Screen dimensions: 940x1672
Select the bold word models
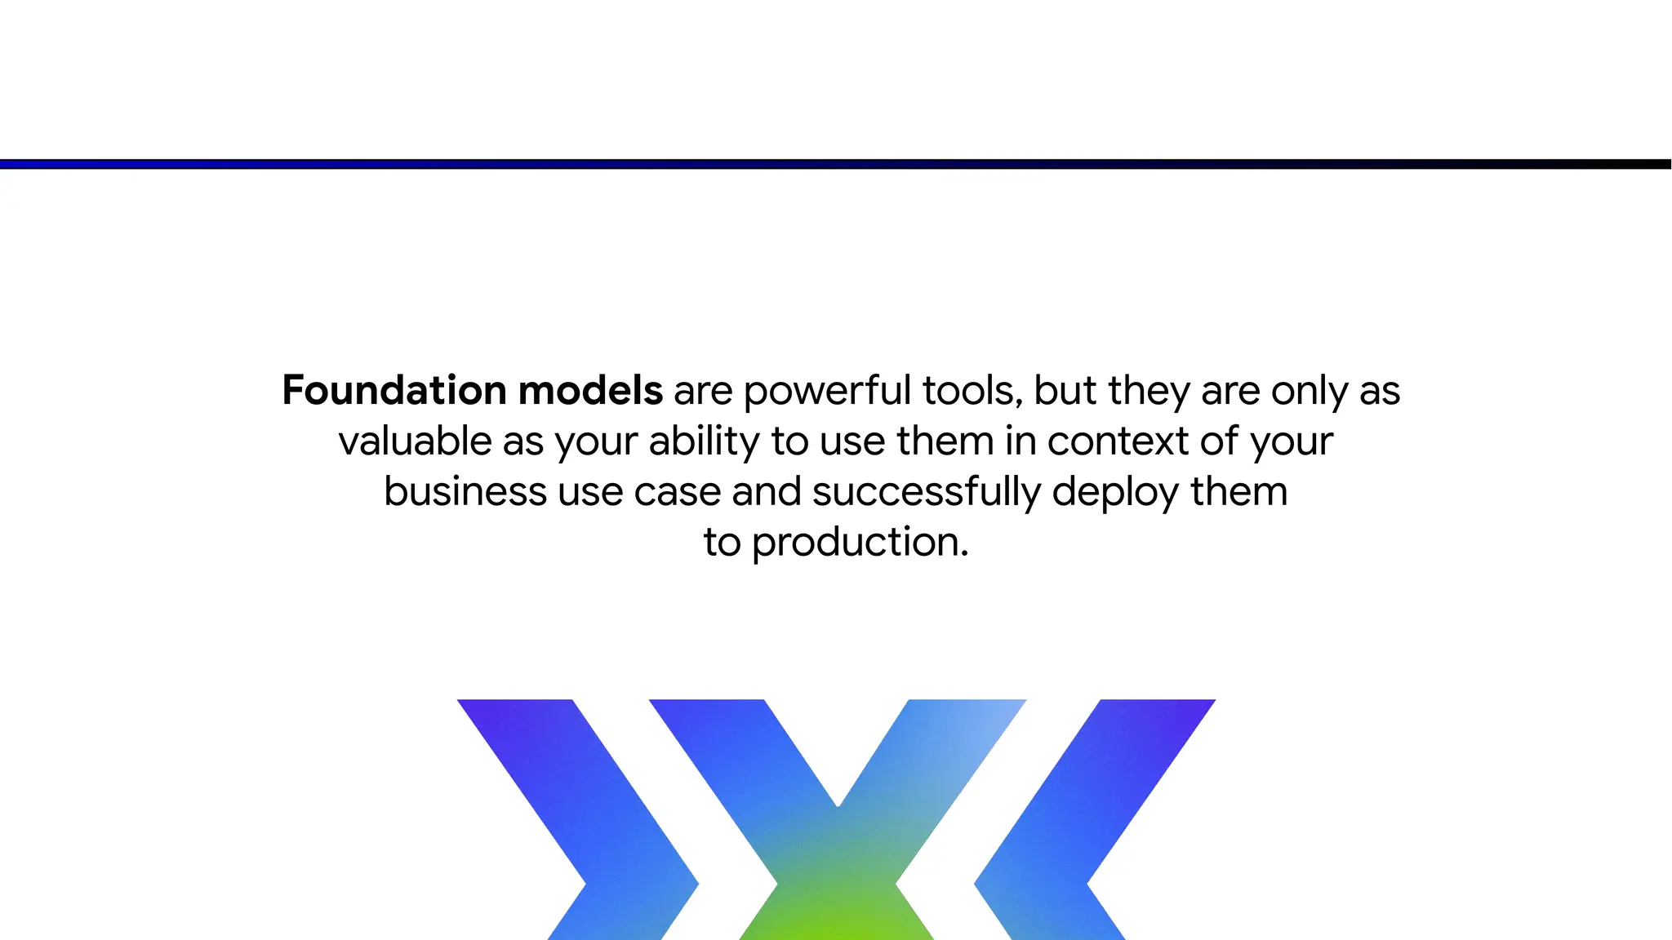pyautogui.click(x=589, y=390)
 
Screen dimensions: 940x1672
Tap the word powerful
pyautogui.click(x=826, y=392)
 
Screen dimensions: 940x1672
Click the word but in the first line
pyautogui.click(x=1065, y=390)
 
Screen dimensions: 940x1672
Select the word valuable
pyautogui.click(x=415, y=441)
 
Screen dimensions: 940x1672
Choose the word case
pyautogui.click(x=677, y=492)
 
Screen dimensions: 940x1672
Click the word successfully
pyautogui.click(x=926, y=492)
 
